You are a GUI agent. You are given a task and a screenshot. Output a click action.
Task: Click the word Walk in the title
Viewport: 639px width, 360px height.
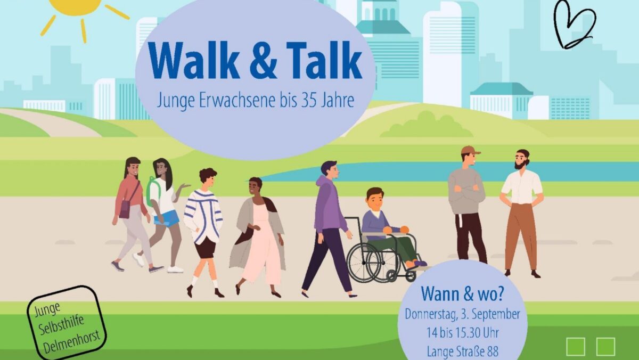[194, 60]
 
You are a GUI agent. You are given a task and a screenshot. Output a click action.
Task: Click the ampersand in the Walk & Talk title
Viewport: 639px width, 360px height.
[263, 61]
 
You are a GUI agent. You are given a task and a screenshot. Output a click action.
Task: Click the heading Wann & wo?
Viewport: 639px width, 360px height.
[462, 294]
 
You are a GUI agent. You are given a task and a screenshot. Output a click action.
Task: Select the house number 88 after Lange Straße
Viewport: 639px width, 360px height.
[493, 351]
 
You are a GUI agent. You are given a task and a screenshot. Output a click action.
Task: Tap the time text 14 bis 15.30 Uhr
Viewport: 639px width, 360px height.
[462, 333]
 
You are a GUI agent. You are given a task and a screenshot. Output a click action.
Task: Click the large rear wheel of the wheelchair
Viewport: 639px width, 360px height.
[364, 263]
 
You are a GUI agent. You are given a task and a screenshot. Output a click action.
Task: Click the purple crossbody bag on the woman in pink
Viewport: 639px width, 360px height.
[125, 209]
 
